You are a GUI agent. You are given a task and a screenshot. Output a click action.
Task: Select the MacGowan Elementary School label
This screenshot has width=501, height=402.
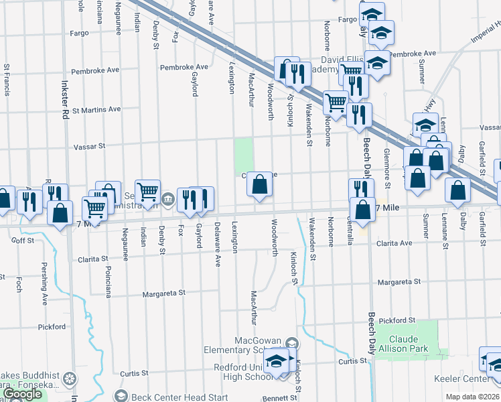click(x=253, y=344)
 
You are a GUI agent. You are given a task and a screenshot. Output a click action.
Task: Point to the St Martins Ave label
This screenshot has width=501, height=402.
click(x=96, y=109)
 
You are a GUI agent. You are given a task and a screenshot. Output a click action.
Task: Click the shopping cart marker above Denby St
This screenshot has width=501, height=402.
click(x=147, y=192)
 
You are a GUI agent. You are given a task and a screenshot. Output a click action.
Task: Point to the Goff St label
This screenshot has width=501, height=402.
click(x=22, y=239)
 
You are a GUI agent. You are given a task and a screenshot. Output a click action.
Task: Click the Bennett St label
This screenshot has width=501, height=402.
click(x=280, y=398)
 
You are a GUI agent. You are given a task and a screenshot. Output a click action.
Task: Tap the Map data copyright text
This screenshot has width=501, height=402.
click(x=473, y=397)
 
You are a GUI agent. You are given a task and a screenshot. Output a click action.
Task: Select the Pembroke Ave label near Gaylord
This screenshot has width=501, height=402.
click(x=184, y=68)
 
